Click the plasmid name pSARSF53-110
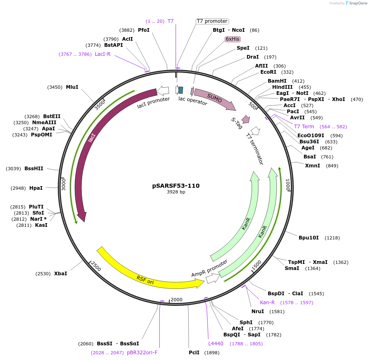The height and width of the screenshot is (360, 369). [x=176, y=186]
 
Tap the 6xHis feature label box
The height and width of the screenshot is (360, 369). [x=233, y=39]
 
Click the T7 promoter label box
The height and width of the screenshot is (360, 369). [x=212, y=21]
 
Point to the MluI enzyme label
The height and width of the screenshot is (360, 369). [x=72, y=87]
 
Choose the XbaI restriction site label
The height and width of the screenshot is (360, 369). [x=61, y=274]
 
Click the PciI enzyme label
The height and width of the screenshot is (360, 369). [x=194, y=353]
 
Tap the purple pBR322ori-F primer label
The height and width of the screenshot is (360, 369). [x=142, y=353]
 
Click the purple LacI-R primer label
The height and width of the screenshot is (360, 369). [x=103, y=54]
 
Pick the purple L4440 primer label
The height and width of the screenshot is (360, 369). [x=216, y=344]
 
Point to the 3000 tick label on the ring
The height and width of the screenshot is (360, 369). [x=63, y=184]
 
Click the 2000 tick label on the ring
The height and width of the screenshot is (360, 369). [x=177, y=300]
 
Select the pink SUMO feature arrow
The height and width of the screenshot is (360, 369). [x=214, y=99]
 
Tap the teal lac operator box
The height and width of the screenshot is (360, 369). [x=181, y=90]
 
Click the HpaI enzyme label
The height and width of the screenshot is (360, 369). [x=36, y=188]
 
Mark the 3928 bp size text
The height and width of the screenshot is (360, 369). [x=176, y=192]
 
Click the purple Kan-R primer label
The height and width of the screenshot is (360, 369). [x=267, y=303]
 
